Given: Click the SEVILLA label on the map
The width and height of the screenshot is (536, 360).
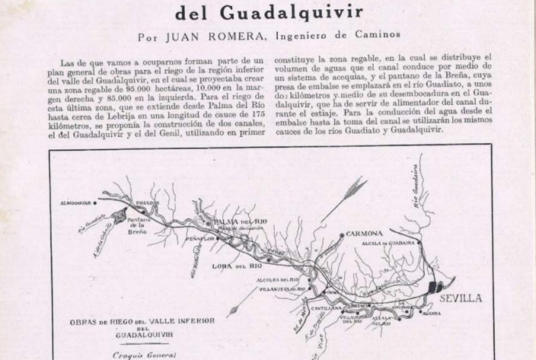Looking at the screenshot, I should click(461, 298).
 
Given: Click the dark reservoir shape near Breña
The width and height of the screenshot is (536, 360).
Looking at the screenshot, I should click(150, 214).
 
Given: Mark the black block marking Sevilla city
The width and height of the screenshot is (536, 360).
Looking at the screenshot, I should click(435, 290).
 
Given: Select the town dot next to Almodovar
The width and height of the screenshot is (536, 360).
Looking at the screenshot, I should click(95, 204).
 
